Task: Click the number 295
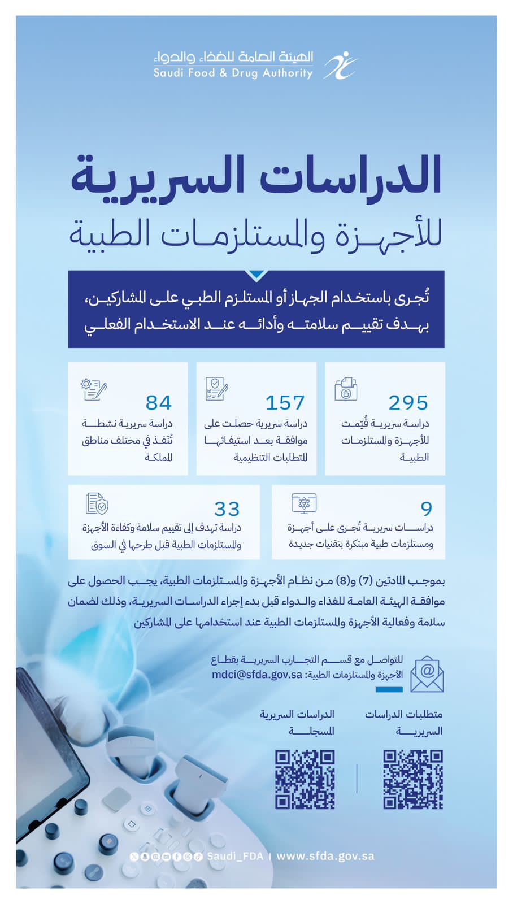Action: click(x=408, y=403)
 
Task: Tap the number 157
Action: click(x=285, y=403)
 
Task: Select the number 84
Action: click(x=158, y=403)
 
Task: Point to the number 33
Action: click(x=227, y=509)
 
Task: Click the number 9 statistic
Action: click(x=427, y=509)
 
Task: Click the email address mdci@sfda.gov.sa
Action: click(x=257, y=675)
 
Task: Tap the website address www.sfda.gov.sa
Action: click(x=325, y=856)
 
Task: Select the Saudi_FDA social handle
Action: click(x=235, y=856)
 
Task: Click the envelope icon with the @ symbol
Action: click(x=427, y=674)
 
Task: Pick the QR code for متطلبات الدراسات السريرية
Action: click(x=413, y=780)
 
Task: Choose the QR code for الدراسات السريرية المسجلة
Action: click(x=305, y=780)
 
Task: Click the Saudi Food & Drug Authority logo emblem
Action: click(x=340, y=65)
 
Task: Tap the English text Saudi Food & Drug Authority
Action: click(x=233, y=73)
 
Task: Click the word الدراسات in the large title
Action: click(x=350, y=175)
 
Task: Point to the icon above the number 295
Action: click(x=346, y=389)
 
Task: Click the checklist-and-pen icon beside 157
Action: click(x=216, y=389)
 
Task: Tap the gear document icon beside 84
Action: click(x=93, y=389)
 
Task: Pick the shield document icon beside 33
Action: click(x=97, y=503)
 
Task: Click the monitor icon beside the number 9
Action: click(x=304, y=503)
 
